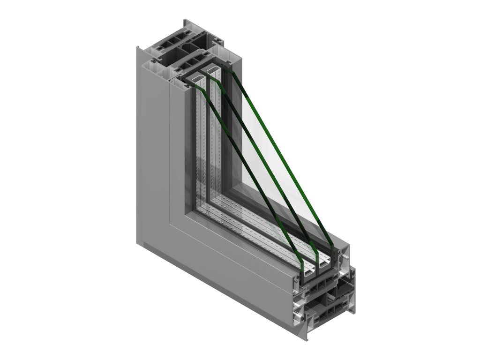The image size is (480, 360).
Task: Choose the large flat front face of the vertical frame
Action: click(x=152, y=141)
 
